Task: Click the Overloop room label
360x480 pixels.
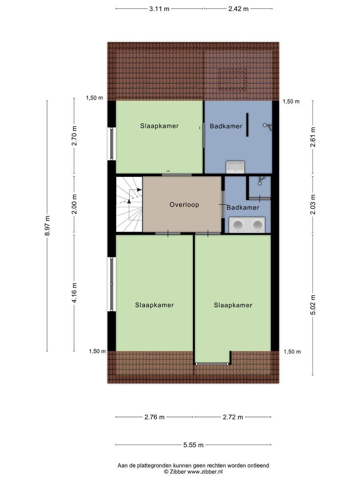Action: [x=184, y=204]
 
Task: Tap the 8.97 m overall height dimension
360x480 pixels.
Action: [x=47, y=226]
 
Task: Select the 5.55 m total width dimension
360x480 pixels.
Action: [x=193, y=445]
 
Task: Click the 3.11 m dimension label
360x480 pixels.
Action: [x=159, y=9]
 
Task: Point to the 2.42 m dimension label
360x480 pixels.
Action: [x=239, y=9]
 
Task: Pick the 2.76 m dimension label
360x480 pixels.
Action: [x=155, y=417]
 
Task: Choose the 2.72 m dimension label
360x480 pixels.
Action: [x=233, y=417]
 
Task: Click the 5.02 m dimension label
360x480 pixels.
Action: [x=313, y=305]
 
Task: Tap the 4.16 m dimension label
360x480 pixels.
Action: [x=74, y=293]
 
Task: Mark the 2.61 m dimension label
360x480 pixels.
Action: [x=313, y=137]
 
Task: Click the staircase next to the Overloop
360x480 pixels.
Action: [x=129, y=204]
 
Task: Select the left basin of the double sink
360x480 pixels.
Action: [x=238, y=225]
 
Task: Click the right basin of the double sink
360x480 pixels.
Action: [x=257, y=225]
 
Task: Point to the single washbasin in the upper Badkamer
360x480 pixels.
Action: [x=235, y=167]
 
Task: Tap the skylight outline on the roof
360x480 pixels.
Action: [x=232, y=80]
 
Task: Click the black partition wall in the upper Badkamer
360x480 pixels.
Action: [x=248, y=124]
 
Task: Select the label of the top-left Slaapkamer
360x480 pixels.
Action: [x=160, y=126]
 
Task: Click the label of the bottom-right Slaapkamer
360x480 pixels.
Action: [x=233, y=305]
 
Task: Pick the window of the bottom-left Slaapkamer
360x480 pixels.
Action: [x=112, y=284]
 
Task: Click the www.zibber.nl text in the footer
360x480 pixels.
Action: [x=205, y=472]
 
